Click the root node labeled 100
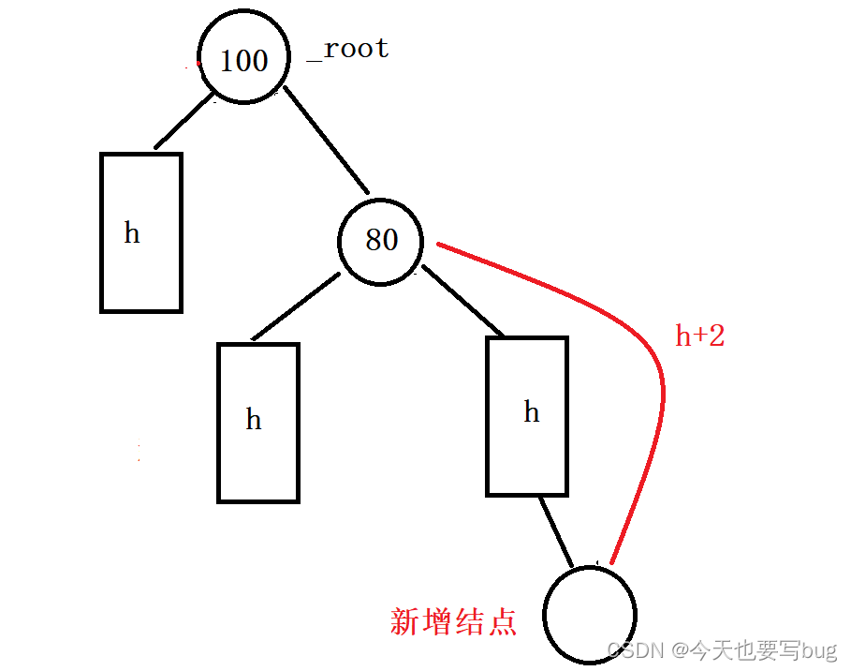pos(243,61)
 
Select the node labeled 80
pos(380,240)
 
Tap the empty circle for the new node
pos(590,615)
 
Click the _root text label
pos(349,50)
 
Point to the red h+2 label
pos(699,335)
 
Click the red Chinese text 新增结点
pos(453,621)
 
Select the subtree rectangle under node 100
pos(140,272)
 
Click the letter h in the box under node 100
pos(132,232)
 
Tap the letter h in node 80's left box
pos(253,419)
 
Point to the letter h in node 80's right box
pos(531,411)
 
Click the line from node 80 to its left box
pos(296,306)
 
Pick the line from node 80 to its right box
pos(462,301)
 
